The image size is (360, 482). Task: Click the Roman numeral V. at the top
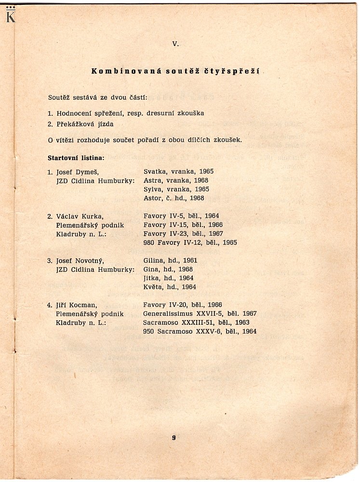coord(175,44)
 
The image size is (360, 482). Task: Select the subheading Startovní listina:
coord(76,158)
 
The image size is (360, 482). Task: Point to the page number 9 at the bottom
coord(173,438)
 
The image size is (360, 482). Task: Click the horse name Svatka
coord(154,172)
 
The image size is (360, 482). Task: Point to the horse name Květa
coord(154,287)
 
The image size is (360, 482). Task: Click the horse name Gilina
coord(154,260)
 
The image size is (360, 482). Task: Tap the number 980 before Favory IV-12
coord(149,242)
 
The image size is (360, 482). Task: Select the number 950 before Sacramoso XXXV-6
coord(149,332)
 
